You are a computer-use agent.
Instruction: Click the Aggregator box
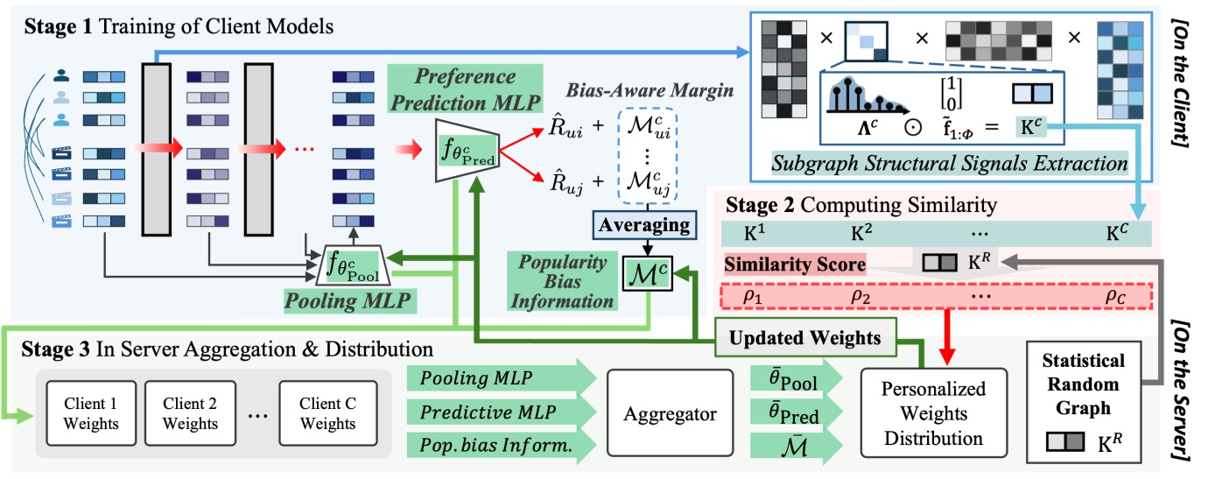click(671, 412)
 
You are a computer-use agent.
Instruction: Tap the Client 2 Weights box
click(190, 412)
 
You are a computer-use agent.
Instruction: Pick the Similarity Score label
click(793, 263)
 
